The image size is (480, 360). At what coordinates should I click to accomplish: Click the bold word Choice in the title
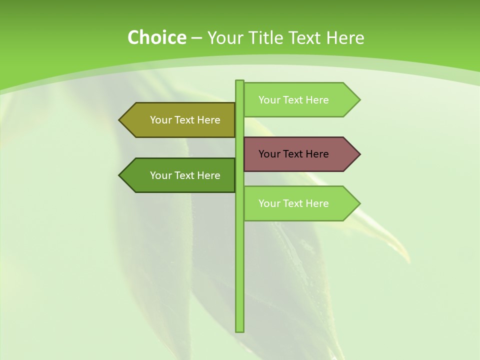(x=156, y=37)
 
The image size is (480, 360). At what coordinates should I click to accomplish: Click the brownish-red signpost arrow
(x=300, y=154)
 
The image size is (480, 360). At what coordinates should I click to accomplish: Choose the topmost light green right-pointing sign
(x=300, y=99)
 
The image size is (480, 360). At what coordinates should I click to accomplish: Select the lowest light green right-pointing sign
(x=300, y=203)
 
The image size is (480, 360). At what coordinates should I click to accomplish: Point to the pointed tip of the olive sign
(x=120, y=120)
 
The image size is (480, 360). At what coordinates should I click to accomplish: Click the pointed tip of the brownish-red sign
(x=359, y=154)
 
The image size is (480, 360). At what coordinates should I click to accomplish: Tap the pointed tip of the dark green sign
(x=120, y=175)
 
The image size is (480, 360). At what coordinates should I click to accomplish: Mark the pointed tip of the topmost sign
(x=359, y=99)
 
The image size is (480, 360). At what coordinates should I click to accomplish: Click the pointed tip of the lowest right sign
(x=359, y=203)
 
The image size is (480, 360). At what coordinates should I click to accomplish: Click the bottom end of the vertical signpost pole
(x=239, y=330)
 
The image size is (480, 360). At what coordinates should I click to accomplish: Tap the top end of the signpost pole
(x=239, y=81)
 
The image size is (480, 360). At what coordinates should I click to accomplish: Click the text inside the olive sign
(x=185, y=120)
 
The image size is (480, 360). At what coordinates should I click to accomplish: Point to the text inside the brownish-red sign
(x=293, y=154)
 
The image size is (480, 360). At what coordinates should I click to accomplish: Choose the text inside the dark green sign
(x=185, y=175)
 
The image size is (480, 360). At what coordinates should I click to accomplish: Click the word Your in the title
(x=224, y=37)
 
